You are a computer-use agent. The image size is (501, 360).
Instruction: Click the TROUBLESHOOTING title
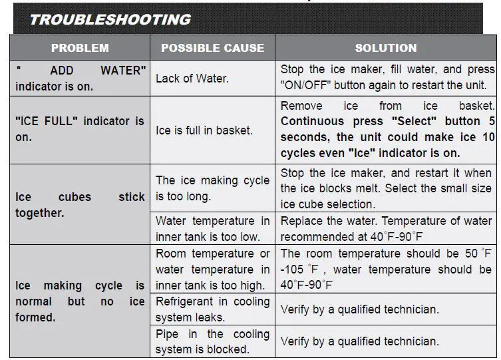click(110, 19)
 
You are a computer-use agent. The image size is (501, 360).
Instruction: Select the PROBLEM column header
click(80, 48)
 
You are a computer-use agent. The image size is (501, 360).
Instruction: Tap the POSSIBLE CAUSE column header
click(212, 48)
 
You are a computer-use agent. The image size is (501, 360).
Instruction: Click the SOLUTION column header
click(386, 48)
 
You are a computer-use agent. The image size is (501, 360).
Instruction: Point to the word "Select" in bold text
click(414, 121)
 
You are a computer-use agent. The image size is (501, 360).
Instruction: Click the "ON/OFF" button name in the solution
click(306, 85)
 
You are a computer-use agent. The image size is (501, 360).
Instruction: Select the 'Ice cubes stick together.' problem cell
click(80, 205)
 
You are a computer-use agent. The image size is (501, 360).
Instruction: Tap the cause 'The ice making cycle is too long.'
click(212, 188)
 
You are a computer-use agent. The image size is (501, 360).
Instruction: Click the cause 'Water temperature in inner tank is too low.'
click(212, 229)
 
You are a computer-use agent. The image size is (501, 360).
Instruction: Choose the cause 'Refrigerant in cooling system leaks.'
click(212, 309)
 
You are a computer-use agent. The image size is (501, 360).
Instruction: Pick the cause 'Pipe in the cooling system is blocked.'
click(212, 341)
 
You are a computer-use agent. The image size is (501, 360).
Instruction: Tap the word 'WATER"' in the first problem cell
click(123, 71)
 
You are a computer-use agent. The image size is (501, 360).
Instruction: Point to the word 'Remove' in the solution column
click(301, 106)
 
